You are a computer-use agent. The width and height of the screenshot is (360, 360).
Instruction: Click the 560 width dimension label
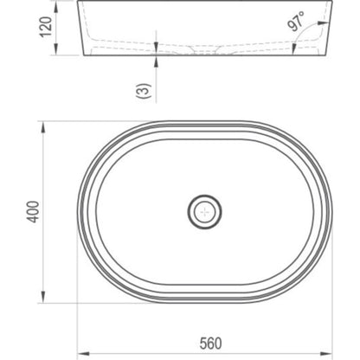[211, 344]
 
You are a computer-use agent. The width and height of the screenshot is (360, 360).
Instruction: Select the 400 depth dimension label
[33, 212]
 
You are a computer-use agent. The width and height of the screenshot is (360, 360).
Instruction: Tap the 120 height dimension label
[46, 27]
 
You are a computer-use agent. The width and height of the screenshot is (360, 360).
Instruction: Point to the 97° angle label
[297, 21]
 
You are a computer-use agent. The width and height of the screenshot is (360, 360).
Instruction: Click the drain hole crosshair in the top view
[205, 212]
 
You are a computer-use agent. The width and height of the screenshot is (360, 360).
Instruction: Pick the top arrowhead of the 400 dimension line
[43, 127]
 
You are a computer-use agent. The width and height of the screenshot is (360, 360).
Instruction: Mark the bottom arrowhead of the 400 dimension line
[43, 297]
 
